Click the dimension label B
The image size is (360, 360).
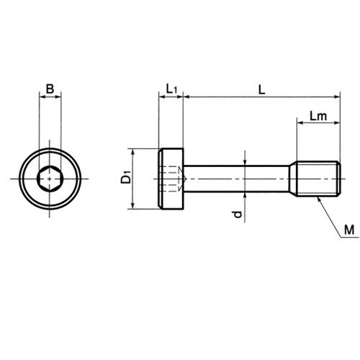[x=50, y=89]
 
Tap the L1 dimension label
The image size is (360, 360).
[x=171, y=89]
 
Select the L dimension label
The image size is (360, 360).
[x=261, y=90]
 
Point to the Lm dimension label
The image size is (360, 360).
[x=318, y=116]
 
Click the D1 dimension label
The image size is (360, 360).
[x=126, y=176]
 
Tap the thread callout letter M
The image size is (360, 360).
[x=349, y=230]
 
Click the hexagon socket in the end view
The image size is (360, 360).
[x=50, y=179]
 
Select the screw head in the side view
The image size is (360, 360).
[x=171, y=179]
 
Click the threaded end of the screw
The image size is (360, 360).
[x=318, y=179]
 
